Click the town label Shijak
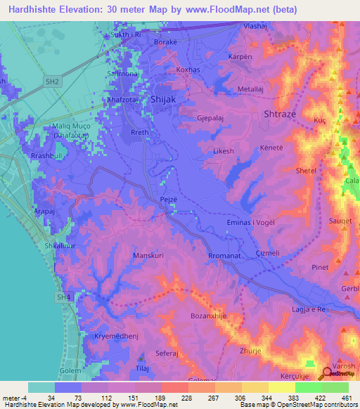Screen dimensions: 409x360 (x=163, y=100)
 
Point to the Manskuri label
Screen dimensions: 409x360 (x=148, y=256)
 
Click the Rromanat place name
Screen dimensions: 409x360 (x=225, y=257)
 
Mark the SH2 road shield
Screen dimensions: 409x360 (x=51, y=82)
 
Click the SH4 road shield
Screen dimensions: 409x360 (x=65, y=298)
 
